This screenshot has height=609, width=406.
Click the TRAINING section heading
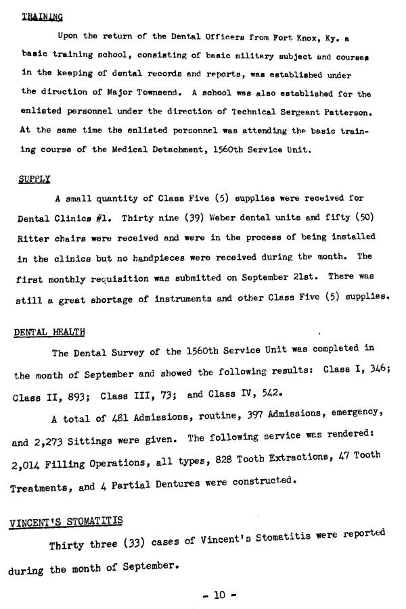click(x=38, y=18)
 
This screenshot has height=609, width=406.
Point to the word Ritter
click(x=32, y=237)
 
